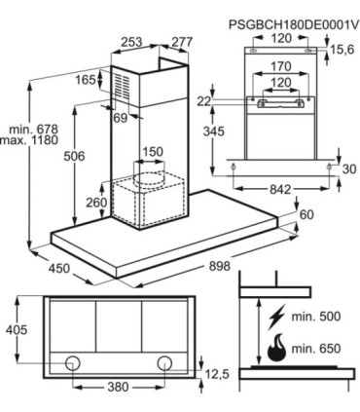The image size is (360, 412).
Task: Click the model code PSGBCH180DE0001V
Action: [294, 24]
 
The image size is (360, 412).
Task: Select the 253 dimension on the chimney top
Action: [131, 42]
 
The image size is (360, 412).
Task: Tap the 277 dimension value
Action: [182, 42]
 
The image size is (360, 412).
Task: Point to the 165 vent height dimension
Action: [86, 80]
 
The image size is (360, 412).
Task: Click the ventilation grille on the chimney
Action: [122, 86]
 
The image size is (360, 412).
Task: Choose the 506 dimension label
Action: [74, 156]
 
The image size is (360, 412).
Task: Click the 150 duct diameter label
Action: [153, 152]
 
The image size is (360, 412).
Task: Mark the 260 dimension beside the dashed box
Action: [96, 203]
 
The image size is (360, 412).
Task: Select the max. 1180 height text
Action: [29, 140]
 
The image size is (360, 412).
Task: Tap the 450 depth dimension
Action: [59, 268]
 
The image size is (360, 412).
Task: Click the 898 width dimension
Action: [219, 266]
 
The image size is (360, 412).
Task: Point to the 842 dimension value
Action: [281, 189]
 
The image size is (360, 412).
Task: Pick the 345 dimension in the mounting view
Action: [213, 131]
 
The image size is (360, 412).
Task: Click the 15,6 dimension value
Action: [342, 50]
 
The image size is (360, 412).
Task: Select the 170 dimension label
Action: [281, 66]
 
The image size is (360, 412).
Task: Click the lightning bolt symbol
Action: [275, 317]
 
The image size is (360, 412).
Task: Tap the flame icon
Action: [277, 350]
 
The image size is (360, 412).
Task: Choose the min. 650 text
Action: [316, 349]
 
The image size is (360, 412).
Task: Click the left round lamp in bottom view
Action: [72, 363]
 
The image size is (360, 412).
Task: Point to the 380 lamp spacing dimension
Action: [118, 387]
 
